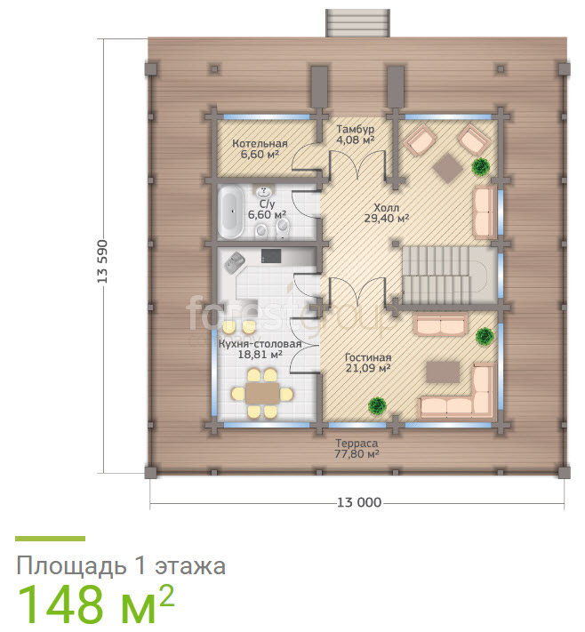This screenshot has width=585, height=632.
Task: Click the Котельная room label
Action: [x=260, y=143]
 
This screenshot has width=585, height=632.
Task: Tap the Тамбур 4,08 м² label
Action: [x=356, y=134]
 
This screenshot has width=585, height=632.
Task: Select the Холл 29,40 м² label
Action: [x=387, y=213]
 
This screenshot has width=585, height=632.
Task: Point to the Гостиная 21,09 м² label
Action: [x=368, y=363]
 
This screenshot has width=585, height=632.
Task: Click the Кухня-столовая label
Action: [x=260, y=344]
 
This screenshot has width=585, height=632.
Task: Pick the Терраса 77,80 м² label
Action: [x=357, y=449]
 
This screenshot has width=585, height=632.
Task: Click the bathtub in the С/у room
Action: [x=231, y=214]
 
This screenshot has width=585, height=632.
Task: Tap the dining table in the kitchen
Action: [x=262, y=394]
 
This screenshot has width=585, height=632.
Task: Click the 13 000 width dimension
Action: [x=359, y=502]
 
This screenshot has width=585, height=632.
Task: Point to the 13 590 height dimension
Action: [x=102, y=261]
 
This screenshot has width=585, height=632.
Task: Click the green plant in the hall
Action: [x=481, y=166]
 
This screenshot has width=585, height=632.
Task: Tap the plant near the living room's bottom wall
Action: [x=377, y=405]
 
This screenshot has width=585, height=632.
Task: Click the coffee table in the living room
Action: [x=443, y=372]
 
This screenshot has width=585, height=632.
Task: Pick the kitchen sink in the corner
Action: [x=235, y=263]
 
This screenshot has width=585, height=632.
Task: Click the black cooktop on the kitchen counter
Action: [x=271, y=255]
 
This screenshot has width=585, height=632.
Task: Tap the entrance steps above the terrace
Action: [x=357, y=22]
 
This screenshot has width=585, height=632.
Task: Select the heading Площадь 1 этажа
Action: [x=121, y=566]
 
